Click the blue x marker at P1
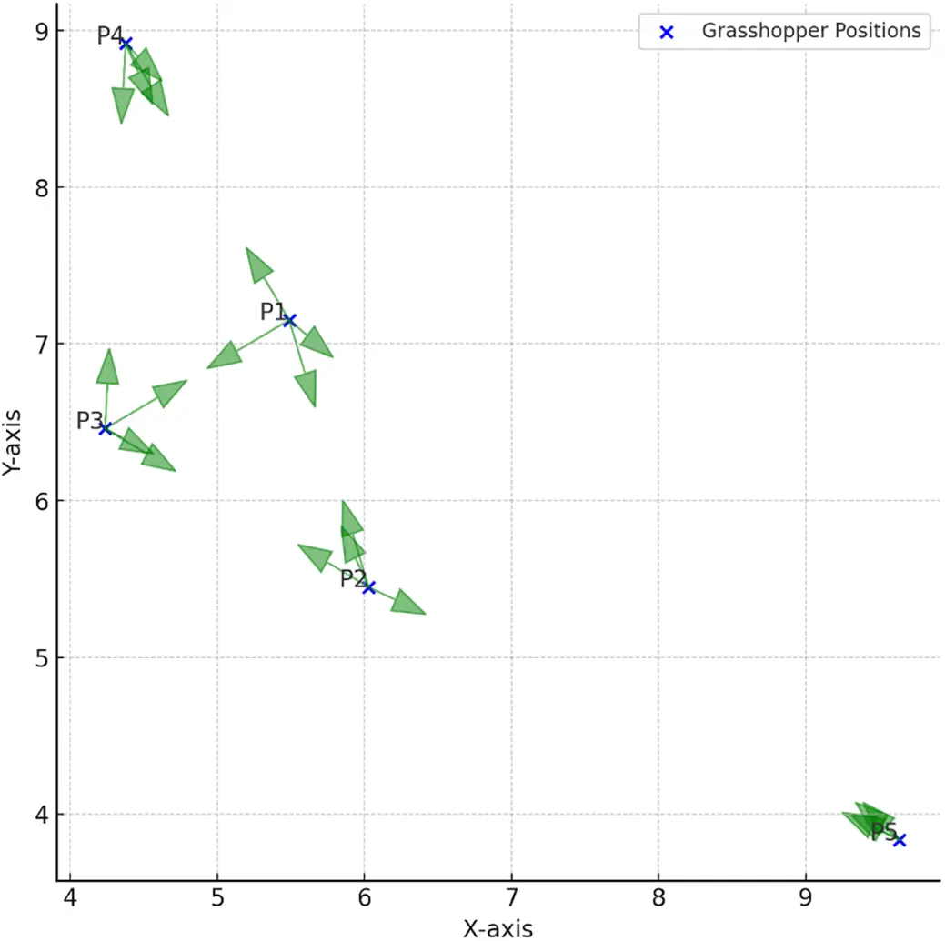click(289, 320)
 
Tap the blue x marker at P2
click(368, 587)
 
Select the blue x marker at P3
click(106, 428)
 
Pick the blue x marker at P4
click(126, 43)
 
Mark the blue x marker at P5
click(900, 840)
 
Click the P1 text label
click(272, 312)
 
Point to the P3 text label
click(89, 420)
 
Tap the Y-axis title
click(12, 439)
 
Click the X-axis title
click(498, 927)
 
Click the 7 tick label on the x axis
click(511, 900)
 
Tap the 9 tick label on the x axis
click(805, 900)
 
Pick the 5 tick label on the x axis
click(217, 900)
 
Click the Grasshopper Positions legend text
click(811, 30)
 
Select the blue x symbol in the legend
click(666, 32)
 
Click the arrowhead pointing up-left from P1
click(258, 264)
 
